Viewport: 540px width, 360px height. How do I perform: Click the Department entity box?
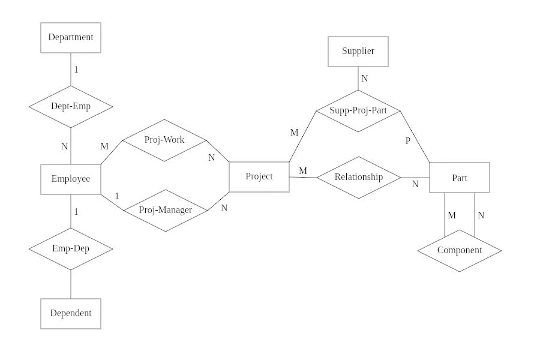click(x=71, y=38)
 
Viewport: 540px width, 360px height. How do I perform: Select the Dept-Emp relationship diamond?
click(x=71, y=106)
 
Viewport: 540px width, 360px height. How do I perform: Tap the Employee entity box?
click(x=71, y=179)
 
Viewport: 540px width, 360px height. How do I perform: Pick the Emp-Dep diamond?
click(x=71, y=248)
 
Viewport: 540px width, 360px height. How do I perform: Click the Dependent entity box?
click(x=71, y=313)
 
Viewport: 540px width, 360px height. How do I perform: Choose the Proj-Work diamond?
click(x=164, y=140)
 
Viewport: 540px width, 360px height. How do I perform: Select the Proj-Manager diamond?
click(x=165, y=210)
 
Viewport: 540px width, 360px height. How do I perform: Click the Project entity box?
click(x=259, y=176)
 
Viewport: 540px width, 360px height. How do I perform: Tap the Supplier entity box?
click(x=358, y=52)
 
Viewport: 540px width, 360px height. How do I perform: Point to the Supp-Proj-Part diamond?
click(x=358, y=111)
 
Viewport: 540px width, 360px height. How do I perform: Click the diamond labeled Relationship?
click(x=358, y=177)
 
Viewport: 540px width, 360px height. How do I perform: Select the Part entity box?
click(x=460, y=178)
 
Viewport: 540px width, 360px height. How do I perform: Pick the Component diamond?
click(x=459, y=251)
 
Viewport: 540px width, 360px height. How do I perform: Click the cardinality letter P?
click(x=408, y=141)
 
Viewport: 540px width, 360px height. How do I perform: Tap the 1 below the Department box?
click(x=76, y=70)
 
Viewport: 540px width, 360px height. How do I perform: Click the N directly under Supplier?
click(x=364, y=79)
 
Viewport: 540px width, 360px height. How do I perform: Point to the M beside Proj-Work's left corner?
click(x=104, y=146)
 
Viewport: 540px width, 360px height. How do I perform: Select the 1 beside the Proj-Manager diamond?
click(x=117, y=196)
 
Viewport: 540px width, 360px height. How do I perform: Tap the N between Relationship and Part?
click(x=415, y=185)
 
